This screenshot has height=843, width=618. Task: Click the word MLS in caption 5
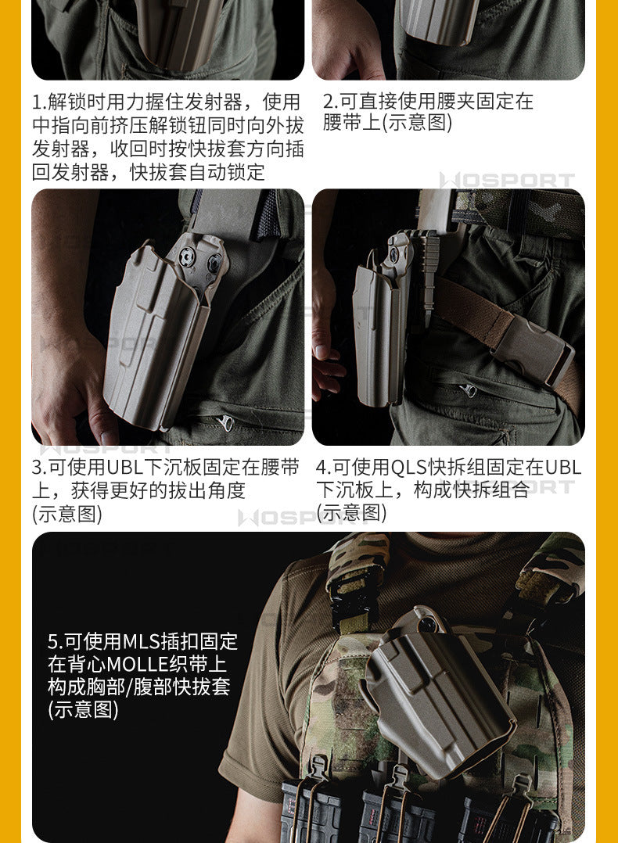142,641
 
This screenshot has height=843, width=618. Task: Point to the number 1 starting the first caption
37,102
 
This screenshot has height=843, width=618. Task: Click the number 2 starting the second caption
328,101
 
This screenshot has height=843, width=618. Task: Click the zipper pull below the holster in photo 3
226,422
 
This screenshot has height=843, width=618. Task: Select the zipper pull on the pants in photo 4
467,389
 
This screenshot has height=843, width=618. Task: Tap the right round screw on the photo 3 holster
214,263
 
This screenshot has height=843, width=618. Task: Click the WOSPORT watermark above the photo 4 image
507,181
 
